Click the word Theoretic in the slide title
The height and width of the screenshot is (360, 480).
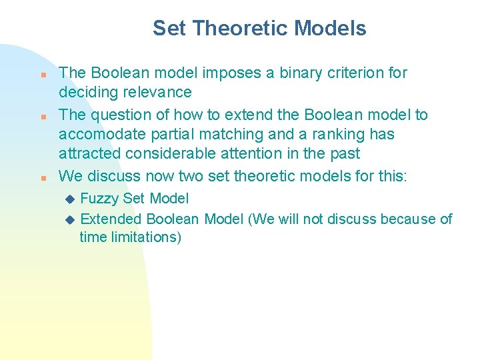tap(240, 28)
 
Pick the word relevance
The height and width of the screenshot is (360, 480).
tap(158, 92)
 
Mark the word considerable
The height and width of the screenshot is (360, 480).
tap(171, 153)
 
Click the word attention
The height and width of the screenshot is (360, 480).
tap(253, 153)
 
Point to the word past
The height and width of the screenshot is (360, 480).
tap(344, 153)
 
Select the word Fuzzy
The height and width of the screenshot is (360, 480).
tap(100, 198)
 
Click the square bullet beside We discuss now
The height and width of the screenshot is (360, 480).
tap(42, 178)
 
